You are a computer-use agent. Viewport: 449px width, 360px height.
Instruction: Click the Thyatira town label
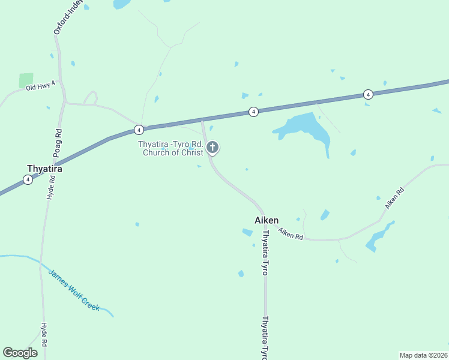tap(44, 169)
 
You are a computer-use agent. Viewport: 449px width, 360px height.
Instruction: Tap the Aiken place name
tap(267, 220)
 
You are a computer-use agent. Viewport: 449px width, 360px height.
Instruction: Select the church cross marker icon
tap(212, 147)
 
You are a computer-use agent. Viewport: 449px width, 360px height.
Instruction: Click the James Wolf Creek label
tap(73, 290)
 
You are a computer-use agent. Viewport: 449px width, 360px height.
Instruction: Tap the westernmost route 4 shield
tap(28, 179)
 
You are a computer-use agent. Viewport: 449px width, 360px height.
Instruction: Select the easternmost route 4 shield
tap(368, 94)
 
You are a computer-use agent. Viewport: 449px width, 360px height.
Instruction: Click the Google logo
tap(20, 353)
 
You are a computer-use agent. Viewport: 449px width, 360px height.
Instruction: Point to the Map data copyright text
tap(423, 355)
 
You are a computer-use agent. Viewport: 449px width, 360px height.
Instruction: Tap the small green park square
tap(26, 80)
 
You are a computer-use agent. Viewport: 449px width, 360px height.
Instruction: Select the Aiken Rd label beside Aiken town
tap(291, 234)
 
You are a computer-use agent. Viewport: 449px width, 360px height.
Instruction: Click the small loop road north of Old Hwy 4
tap(91, 97)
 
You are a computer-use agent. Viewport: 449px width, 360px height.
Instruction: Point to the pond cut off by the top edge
tap(122, 4)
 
